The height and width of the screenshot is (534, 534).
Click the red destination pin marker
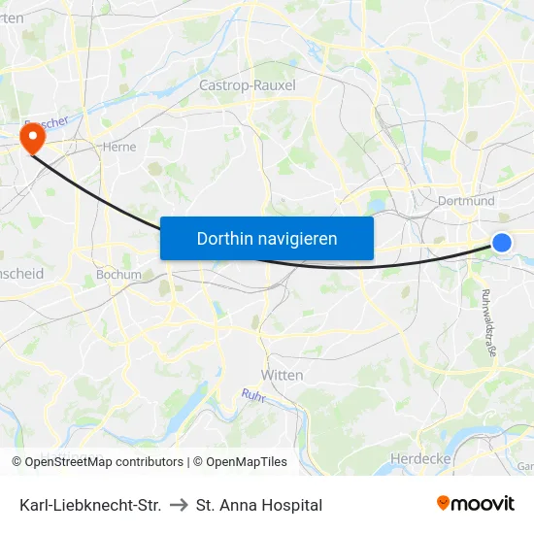(32, 138)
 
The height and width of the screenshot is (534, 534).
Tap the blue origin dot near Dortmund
(502, 243)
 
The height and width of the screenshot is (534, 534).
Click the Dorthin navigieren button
(267, 238)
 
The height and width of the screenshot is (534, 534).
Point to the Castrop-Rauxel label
(247, 85)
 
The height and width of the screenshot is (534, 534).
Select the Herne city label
(118, 148)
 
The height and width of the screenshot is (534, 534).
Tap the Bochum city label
(118, 275)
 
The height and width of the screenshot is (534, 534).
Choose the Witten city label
(283, 375)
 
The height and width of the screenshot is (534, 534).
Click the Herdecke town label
(417, 457)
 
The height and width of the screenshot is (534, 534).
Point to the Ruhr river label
(253, 394)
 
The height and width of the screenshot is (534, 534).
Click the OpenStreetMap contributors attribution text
(104, 462)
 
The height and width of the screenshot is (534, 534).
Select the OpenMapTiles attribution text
(244, 462)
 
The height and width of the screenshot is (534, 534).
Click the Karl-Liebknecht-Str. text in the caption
(90, 505)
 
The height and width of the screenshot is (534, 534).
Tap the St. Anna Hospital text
(259, 505)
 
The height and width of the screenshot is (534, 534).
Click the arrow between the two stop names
(179, 505)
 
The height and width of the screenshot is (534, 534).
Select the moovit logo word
(484, 504)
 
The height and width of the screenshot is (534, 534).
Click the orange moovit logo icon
(444, 503)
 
